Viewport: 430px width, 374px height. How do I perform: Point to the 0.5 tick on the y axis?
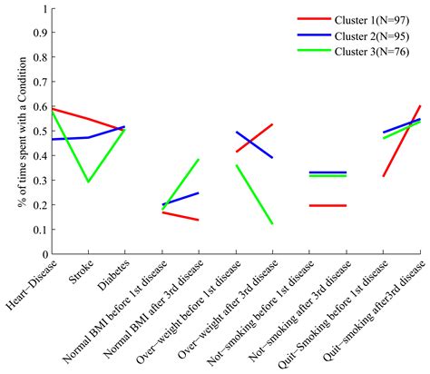click(39, 132)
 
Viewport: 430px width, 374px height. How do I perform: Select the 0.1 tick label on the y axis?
click(39, 230)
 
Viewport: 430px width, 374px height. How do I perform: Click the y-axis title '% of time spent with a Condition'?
click(21, 132)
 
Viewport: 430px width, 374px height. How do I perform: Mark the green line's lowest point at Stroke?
click(88, 182)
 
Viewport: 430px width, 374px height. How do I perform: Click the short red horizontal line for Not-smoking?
click(327, 205)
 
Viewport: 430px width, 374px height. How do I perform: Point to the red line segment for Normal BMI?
click(180, 216)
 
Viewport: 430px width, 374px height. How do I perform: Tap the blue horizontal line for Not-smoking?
click(327, 172)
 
